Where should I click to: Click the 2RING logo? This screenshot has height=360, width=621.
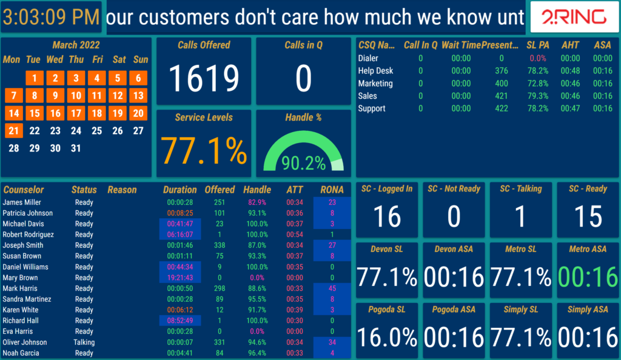click(x=573, y=18)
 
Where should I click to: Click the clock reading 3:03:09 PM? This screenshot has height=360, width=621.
click(x=51, y=18)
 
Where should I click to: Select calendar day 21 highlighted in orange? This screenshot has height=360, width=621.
click(x=14, y=130)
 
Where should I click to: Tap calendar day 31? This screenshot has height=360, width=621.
click(x=76, y=148)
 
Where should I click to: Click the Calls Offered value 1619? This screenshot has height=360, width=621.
click(x=204, y=78)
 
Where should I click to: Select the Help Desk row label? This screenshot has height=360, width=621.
click(x=375, y=71)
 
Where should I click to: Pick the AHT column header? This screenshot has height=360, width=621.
click(x=570, y=45)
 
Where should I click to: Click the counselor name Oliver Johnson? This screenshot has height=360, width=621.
click(x=24, y=342)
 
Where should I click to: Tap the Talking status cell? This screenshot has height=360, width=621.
click(x=84, y=342)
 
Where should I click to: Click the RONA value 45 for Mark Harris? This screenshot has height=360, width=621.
click(x=332, y=288)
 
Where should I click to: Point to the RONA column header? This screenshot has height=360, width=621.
click(x=332, y=190)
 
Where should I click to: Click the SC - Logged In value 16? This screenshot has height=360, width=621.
click(x=387, y=217)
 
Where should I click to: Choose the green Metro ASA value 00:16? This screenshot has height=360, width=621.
click(x=588, y=278)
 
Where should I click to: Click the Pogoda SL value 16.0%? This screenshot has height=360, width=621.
click(x=387, y=338)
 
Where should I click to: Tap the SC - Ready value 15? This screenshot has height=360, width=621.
click(x=588, y=217)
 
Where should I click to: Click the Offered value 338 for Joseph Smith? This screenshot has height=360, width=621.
click(x=219, y=245)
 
